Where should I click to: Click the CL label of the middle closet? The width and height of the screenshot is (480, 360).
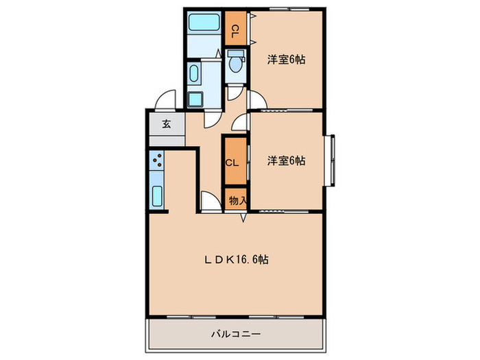(x=232, y=163)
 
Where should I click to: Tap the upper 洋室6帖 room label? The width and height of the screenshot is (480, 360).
(x=286, y=59)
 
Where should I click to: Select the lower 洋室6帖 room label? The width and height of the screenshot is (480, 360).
(x=286, y=160)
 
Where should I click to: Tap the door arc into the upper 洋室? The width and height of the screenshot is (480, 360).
(x=256, y=101)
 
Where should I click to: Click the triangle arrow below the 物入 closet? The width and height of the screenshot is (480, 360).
(x=243, y=219)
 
